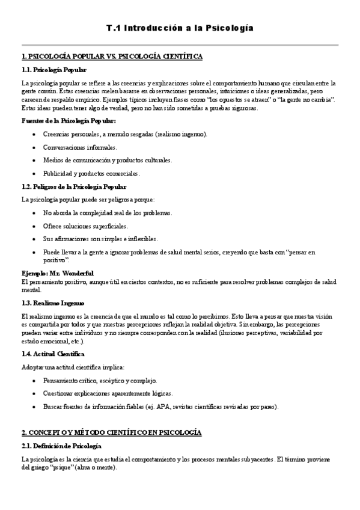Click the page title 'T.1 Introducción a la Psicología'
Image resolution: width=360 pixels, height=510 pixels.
[x=180, y=28]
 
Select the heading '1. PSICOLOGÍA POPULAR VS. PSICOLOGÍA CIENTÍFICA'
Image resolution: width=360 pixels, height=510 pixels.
[x=112, y=57]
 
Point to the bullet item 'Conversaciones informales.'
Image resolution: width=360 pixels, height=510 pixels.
[x=81, y=147]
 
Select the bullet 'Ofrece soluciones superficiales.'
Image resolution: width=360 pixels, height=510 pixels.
[x=85, y=226]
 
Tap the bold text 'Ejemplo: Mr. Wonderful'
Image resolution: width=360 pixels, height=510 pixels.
[x=53, y=273]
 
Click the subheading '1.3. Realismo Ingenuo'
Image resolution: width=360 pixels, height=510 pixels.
[x=53, y=303]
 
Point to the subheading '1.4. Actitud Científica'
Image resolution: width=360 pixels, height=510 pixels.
[x=53, y=354]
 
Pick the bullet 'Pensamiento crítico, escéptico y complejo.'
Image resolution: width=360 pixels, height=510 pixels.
[x=100, y=381]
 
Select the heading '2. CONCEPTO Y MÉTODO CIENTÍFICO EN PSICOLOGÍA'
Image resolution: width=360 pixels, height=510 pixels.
[x=111, y=432]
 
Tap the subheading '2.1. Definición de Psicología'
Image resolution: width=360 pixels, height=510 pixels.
[x=61, y=446]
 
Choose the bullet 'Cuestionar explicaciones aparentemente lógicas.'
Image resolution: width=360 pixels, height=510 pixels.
[x=108, y=394]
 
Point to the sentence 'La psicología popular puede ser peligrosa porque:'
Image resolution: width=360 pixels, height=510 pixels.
[x=87, y=199]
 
